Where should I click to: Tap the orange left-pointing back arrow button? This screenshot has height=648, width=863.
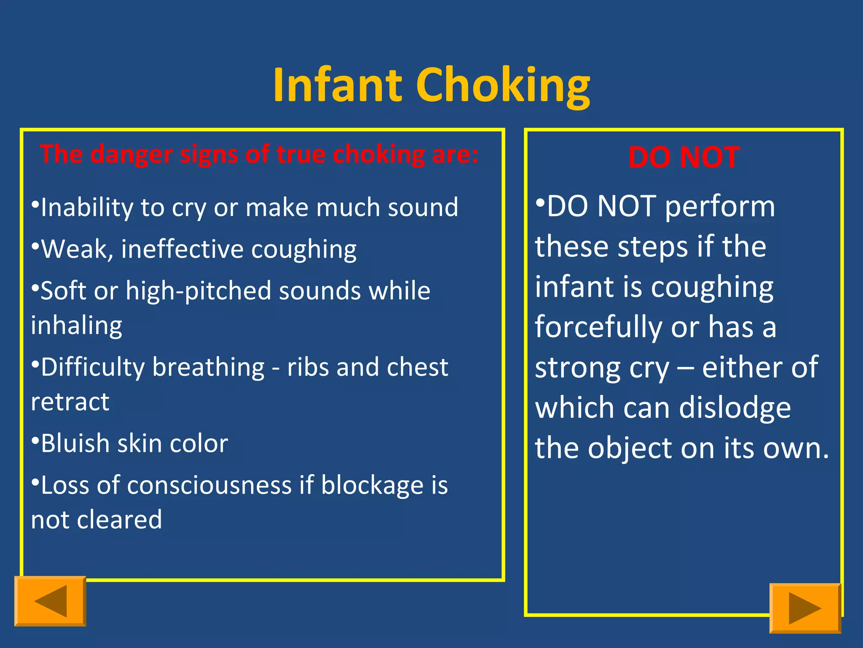pos(50,601)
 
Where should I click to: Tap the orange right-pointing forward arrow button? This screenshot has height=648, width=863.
pos(805,608)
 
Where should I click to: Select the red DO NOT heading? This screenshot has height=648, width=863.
pos(683,157)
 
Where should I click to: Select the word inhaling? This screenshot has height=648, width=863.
pos(77,326)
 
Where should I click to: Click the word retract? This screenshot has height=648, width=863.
pos(70,402)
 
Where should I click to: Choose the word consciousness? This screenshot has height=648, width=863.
pos(209,485)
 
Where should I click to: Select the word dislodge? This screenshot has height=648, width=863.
pos(735,408)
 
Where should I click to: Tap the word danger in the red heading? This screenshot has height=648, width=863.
pos(131,154)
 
